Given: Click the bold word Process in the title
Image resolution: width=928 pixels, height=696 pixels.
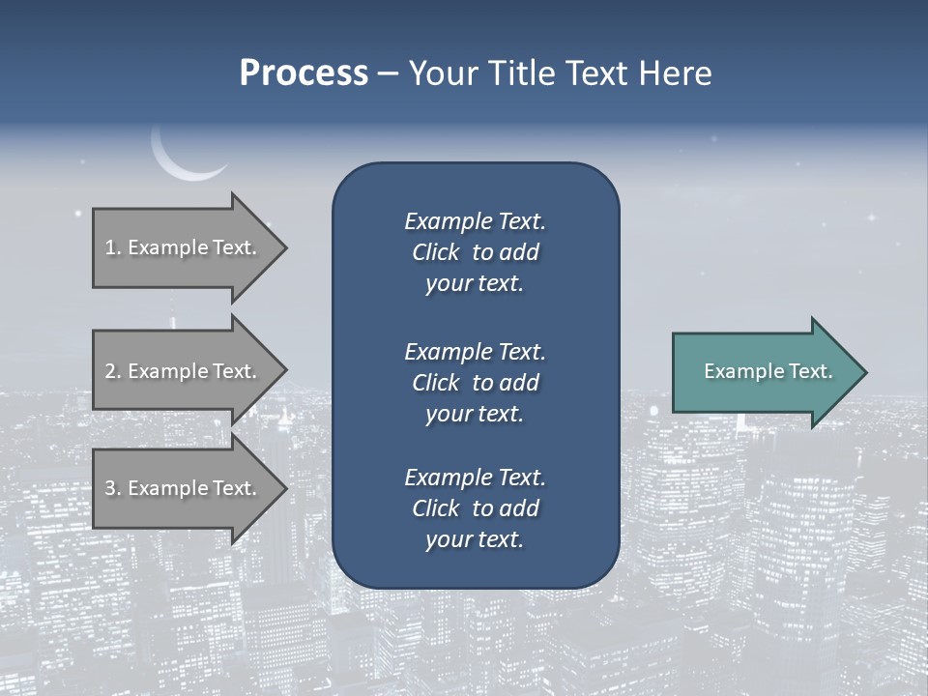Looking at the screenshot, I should tap(304, 73).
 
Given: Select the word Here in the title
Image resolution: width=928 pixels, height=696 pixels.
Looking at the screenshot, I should tap(673, 73).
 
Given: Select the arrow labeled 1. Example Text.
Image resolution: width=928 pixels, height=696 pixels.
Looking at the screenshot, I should tap(184, 247).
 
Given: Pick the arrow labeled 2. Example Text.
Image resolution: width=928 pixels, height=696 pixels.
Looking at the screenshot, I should tap(184, 371).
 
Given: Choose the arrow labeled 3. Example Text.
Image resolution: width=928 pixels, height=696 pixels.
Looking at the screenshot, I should tap(184, 488).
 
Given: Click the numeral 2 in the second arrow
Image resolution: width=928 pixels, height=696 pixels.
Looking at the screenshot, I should tap(110, 371).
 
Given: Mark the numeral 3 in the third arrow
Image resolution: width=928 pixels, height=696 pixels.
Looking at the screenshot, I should tap(110, 488).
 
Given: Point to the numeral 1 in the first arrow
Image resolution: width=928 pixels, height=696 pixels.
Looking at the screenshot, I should tap(110, 247).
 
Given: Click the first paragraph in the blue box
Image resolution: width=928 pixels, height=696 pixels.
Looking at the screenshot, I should tap(475, 252).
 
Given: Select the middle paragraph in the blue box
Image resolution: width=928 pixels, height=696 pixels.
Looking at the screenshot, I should tap(475, 382).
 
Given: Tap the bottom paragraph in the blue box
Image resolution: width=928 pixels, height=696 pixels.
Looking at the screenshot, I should tap(475, 507).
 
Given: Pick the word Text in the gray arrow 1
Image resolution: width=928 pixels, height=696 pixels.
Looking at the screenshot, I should tap(233, 247).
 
